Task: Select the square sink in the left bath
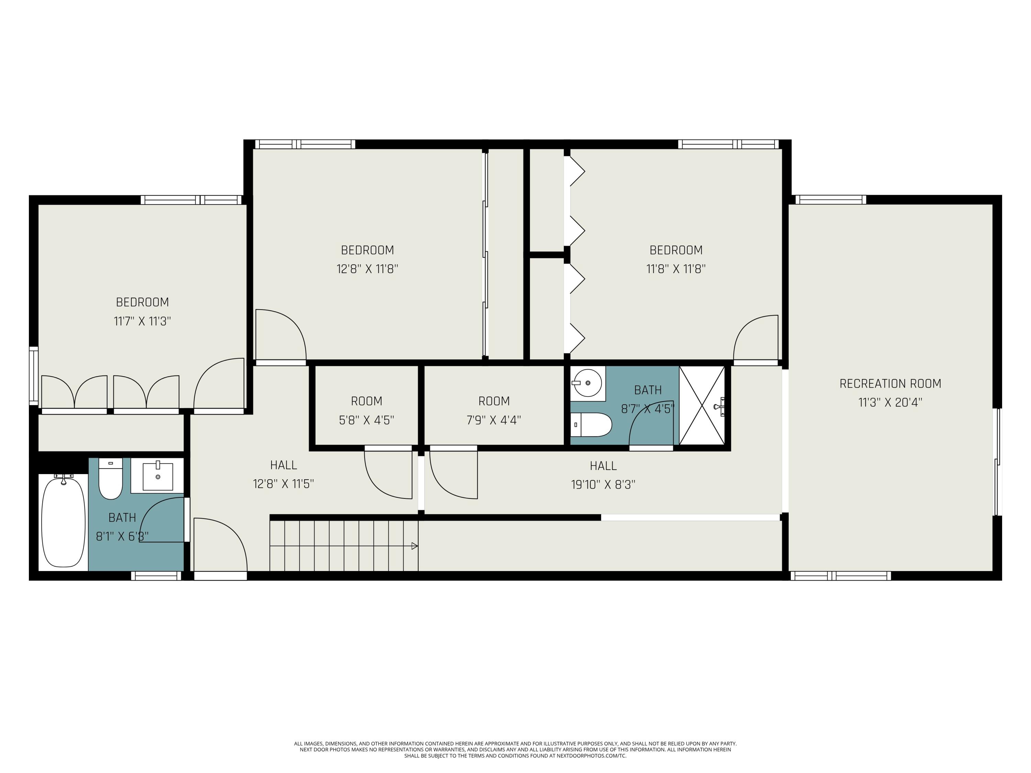(157, 476)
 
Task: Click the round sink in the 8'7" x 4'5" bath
(587, 382)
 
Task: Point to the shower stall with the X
(702, 405)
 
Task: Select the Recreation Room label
(890, 383)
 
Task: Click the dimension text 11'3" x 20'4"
(890, 402)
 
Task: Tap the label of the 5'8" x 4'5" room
(366, 401)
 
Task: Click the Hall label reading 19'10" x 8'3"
(603, 466)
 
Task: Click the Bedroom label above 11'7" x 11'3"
(142, 302)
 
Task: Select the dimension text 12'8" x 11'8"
(367, 269)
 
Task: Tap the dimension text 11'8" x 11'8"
(676, 269)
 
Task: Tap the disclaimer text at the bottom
(515, 750)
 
